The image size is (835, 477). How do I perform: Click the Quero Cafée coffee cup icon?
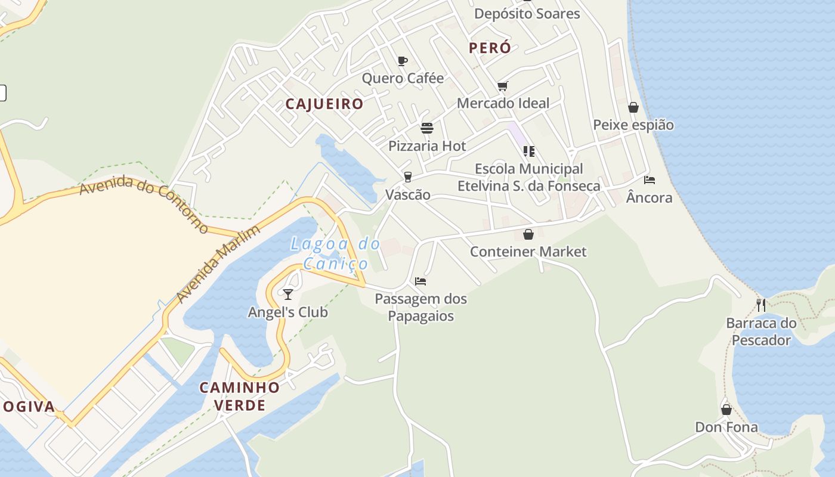pos(403,61)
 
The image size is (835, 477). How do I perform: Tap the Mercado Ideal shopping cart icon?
pos(503,86)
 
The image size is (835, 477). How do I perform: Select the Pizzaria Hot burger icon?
pos(427,128)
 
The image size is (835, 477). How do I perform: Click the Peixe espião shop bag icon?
pos(633,107)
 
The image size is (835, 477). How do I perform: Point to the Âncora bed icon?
pos(650,180)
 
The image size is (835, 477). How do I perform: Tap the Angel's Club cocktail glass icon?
pos(288,294)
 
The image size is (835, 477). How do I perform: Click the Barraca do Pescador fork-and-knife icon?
pos(761,305)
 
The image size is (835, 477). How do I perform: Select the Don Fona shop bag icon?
pos(726,410)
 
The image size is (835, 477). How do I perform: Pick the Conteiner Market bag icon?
pos(528,234)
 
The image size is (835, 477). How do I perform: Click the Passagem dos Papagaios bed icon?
pos(420,281)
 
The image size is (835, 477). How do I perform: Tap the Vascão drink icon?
pos(408,176)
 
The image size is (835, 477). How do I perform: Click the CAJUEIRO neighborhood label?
pos(324,104)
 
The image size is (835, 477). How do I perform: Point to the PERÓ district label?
pos(490,48)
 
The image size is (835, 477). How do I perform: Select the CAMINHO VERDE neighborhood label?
pos(240,397)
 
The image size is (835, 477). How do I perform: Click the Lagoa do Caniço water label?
pos(336,253)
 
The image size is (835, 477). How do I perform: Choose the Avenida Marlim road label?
pos(218,264)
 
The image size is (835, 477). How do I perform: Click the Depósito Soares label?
pos(527,14)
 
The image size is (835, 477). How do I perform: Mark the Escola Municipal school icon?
pos(528,151)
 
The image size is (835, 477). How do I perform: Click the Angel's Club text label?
pos(288,312)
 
